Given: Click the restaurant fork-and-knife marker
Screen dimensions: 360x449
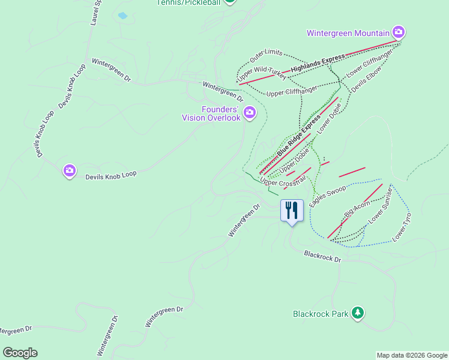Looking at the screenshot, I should pyautogui.click(x=292, y=211).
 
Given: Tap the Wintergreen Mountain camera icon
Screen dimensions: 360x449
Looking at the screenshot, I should pyautogui.click(x=398, y=32).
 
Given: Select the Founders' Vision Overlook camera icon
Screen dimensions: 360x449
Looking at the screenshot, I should pyautogui.click(x=249, y=112).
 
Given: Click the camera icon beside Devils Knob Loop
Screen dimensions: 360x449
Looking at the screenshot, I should pyautogui.click(x=70, y=171).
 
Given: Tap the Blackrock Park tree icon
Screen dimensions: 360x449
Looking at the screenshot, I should pyautogui.click(x=358, y=313).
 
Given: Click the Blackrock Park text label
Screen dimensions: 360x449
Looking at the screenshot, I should pyautogui.click(x=321, y=314).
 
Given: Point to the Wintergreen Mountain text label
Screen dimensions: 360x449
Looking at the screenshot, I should pyautogui.click(x=348, y=33).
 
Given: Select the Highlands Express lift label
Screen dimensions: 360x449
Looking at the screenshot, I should pyautogui.click(x=318, y=63).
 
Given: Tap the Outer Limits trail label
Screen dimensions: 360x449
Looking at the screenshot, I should pyautogui.click(x=266, y=56).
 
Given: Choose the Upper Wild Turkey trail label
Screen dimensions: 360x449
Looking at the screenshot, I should pyautogui.click(x=262, y=74).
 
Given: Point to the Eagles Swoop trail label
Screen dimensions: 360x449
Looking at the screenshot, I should pyautogui.click(x=327, y=197).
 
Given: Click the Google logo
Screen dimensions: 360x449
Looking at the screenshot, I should pyautogui.click(x=20, y=353).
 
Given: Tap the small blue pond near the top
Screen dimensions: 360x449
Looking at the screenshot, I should pyautogui.click(x=122, y=16).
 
